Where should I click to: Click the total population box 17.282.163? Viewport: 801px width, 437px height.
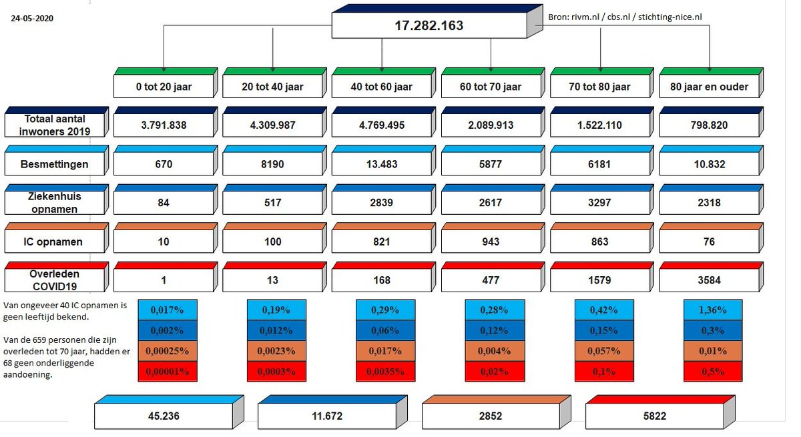[x=429, y=26]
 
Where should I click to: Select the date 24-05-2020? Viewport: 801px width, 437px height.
[x=32, y=19]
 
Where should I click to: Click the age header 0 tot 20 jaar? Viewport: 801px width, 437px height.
[x=164, y=87]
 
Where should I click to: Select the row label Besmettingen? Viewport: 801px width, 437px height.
[x=53, y=163]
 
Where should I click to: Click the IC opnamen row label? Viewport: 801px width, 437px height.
[x=53, y=242]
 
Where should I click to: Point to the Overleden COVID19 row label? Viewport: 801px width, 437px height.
[x=53, y=280]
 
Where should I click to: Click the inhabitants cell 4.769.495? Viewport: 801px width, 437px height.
[x=381, y=125]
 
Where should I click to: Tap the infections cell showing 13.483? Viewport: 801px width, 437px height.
[x=381, y=163]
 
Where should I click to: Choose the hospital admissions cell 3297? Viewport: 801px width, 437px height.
[x=599, y=203]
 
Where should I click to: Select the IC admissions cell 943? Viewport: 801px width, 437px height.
[x=491, y=242]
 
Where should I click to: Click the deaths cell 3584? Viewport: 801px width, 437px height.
[x=709, y=280]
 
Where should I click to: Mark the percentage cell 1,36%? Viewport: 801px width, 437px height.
[x=713, y=310]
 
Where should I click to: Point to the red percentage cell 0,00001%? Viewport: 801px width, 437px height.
[x=167, y=371]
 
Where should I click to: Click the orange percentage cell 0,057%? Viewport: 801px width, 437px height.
[x=604, y=351]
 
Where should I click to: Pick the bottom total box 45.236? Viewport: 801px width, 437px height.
[x=164, y=415]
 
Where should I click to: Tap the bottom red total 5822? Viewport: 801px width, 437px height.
[x=654, y=415]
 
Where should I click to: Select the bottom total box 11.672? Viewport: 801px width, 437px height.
[x=327, y=415]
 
